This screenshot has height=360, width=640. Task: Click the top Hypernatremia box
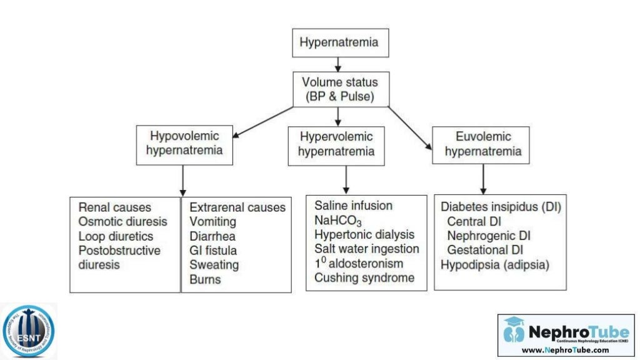tap(339, 43)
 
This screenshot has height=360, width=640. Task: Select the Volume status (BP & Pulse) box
tap(339, 89)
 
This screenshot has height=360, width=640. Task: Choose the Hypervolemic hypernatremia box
tap(336, 144)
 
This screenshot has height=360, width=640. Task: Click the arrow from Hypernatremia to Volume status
tap(339, 64)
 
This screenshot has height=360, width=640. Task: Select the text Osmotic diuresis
tap(123, 222)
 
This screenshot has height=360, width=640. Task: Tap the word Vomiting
tap(212, 222)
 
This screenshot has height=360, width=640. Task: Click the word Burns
tap(205, 279)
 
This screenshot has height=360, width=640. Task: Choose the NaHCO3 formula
tap(338, 221)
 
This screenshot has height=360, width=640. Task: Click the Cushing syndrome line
tap(364, 277)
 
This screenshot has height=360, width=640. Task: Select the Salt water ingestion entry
tap(367, 249)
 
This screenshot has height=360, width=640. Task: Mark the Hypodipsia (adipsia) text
tap(495, 264)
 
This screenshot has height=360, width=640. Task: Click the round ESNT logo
tap(28, 331)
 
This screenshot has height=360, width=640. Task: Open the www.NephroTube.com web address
tap(565, 350)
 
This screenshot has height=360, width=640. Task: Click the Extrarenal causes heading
tap(237, 207)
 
